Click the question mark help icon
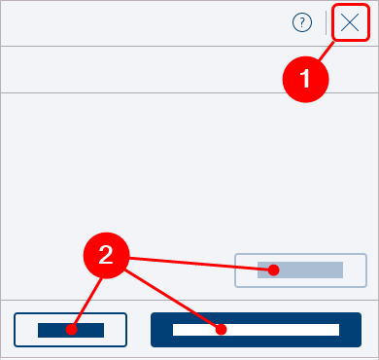pos(302,22)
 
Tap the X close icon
pos(350,22)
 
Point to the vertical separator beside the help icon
pos(326,22)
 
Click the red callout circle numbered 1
pos(306,80)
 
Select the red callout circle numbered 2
pos(107,255)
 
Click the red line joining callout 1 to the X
pos(327,51)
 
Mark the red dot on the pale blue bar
pos(274,270)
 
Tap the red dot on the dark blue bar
pos(71,330)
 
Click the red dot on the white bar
pos(221,330)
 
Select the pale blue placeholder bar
pos(300,270)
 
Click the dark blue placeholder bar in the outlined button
pos(71,330)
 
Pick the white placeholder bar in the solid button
pos(256,330)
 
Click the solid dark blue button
pos(256,330)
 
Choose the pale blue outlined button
pos(300,270)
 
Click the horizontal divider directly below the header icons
pos(189,46)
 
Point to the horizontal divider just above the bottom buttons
pos(189,300)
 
